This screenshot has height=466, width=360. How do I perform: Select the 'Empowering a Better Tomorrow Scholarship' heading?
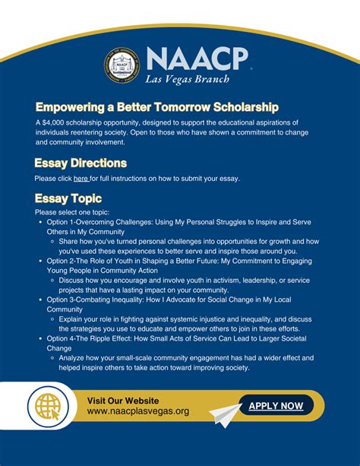point(156,106)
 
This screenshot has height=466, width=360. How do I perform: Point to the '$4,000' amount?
point(55,122)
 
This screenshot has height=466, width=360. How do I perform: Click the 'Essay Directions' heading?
point(81,163)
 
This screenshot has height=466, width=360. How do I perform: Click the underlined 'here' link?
point(81,179)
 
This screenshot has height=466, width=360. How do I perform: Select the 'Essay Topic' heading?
point(68,198)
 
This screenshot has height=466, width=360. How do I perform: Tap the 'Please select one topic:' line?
point(72,212)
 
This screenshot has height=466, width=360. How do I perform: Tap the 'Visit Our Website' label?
point(123,401)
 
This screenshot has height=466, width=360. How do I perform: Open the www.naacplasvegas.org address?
point(138,411)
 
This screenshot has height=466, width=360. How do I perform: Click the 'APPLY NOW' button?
point(276,406)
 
